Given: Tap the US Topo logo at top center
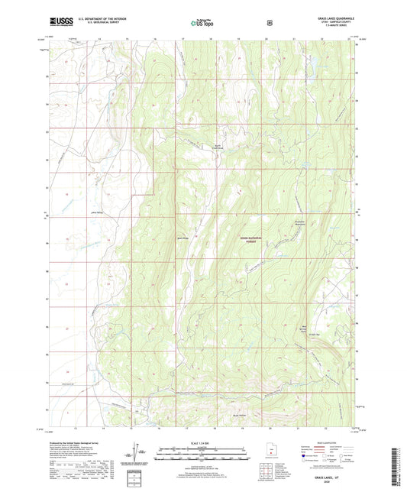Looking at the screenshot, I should [x=203, y=24].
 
